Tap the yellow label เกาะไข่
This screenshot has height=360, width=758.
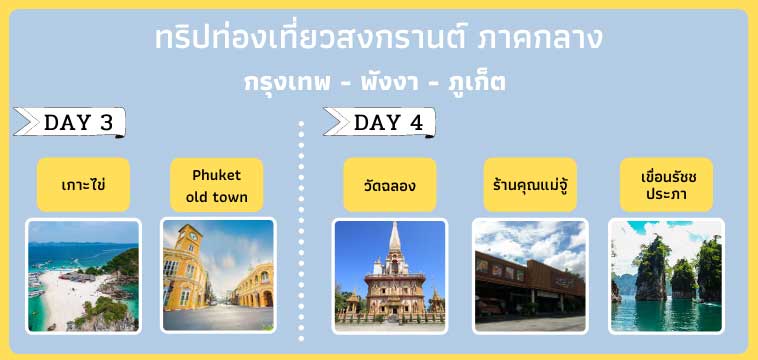(x=83, y=185)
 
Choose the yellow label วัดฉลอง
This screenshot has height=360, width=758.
(x=390, y=185)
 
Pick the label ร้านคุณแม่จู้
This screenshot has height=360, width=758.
(x=530, y=185)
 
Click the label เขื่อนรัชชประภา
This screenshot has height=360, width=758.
(x=666, y=185)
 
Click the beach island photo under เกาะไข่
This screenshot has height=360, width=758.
(x=83, y=276)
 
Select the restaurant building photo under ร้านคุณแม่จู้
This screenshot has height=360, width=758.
(x=530, y=276)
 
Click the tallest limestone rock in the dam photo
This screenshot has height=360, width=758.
(x=650, y=265)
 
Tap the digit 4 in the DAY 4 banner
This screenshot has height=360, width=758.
(x=416, y=123)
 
